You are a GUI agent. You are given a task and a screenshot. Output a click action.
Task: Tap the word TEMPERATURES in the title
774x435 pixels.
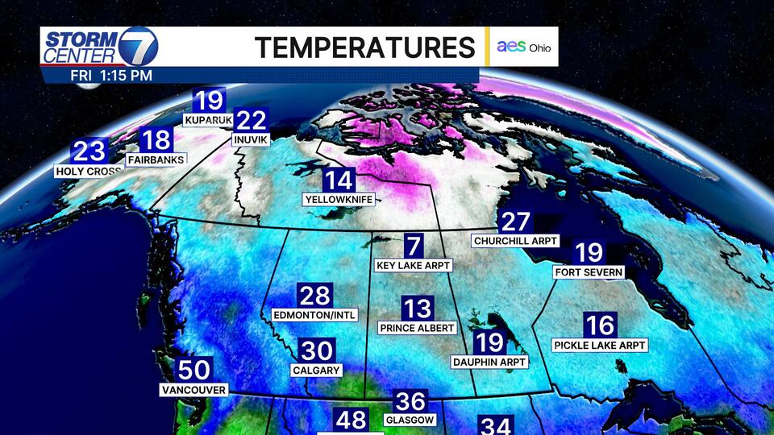(x=365, y=48)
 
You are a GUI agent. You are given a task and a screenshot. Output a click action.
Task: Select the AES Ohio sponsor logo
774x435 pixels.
(x=524, y=48)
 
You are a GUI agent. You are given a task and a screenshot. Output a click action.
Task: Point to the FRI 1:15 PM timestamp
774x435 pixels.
(x=111, y=75)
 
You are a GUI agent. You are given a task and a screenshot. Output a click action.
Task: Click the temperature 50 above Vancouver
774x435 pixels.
(x=194, y=371)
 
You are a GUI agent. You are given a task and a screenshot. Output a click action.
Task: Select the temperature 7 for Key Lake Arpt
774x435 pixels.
(x=413, y=246)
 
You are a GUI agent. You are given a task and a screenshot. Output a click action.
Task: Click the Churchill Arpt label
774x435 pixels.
(x=516, y=241)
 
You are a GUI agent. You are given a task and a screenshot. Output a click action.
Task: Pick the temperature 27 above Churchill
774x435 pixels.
(x=516, y=222)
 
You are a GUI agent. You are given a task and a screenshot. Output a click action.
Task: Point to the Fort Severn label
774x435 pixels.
(x=589, y=272)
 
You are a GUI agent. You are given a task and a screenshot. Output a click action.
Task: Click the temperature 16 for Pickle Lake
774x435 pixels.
(x=601, y=325)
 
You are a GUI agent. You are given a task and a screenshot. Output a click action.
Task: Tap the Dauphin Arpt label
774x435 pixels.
(x=489, y=362)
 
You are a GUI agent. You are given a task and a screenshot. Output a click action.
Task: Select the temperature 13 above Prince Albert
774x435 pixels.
(x=418, y=309)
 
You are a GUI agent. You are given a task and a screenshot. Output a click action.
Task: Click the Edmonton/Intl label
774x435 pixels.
(x=314, y=315)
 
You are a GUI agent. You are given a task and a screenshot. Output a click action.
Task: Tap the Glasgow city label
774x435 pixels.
(x=410, y=420)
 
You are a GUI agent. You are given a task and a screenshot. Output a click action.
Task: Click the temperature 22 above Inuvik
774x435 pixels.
(x=252, y=121)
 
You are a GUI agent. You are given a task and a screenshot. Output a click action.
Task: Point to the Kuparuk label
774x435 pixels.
(x=208, y=121)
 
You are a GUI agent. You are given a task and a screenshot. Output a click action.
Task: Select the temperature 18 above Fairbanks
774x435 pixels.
(x=156, y=140)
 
